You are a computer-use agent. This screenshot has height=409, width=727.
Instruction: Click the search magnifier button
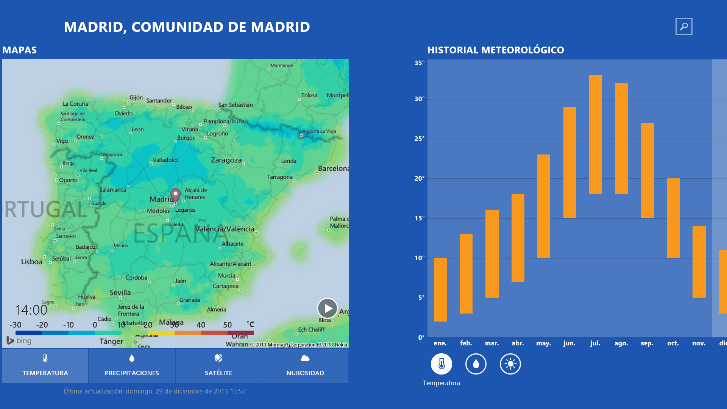click(684, 27)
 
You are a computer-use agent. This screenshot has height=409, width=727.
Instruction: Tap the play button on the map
click(328, 308)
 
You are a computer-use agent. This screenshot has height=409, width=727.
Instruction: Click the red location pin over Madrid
click(175, 195)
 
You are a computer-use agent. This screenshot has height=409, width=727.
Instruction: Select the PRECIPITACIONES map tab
click(132, 366)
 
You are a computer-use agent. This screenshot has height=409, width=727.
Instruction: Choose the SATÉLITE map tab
click(218, 366)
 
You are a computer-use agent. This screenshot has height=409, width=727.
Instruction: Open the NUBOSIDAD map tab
click(305, 366)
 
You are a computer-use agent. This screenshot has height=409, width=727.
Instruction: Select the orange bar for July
click(595, 134)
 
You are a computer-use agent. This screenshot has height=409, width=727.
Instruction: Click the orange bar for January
click(440, 290)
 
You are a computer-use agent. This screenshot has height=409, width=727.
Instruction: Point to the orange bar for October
click(673, 218)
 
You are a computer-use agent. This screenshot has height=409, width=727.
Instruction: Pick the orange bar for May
click(543, 206)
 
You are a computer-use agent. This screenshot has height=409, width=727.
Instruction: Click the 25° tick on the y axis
click(419, 139)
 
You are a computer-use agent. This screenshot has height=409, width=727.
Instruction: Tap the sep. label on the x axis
click(647, 343)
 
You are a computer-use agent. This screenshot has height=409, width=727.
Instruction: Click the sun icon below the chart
click(510, 364)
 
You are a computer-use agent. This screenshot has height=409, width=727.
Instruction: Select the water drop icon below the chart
click(476, 364)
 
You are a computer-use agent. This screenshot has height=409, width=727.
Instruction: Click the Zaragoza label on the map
click(226, 160)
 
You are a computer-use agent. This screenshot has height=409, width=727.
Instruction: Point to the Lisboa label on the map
click(32, 262)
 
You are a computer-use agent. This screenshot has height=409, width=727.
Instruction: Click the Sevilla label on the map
click(120, 292)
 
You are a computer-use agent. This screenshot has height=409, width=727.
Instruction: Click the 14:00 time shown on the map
click(31, 310)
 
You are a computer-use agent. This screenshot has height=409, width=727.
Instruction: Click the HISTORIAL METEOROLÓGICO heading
click(495, 50)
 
